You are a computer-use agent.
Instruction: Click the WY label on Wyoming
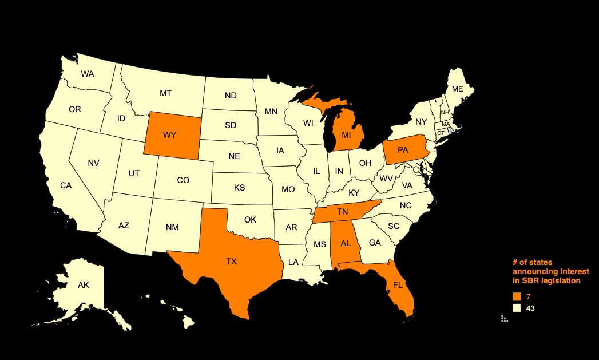(x=169, y=135)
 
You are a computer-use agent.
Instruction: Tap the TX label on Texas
(x=231, y=262)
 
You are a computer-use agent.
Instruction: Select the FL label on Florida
(x=398, y=284)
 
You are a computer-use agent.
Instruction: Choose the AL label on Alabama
(x=346, y=242)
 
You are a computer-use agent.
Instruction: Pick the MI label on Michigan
(x=346, y=135)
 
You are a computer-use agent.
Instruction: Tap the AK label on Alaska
(x=83, y=284)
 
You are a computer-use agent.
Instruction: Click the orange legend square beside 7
(x=517, y=296)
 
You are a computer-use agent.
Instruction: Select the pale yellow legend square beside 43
(x=517, y=308)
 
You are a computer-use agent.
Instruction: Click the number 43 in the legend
(x=530, y=308)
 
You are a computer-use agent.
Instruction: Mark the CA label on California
(x=66, y=185)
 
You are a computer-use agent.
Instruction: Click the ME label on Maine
(x=457, y=89)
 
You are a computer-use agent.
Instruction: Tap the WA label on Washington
(x=88, y=74)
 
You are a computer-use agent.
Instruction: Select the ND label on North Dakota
(x=231, y=96)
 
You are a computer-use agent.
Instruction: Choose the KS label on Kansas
(x=239, y=187)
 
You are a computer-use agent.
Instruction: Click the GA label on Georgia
(x=375, y=243)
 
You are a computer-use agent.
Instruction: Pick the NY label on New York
(x=421, y=121)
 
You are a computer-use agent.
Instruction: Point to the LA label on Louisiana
(x=293, y=262)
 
